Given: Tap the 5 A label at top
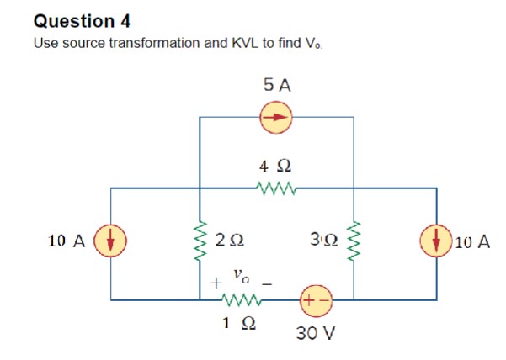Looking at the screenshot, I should pyautogui.click(x=276, y=85).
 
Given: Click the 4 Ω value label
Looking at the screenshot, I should pyautogui.click(x=276, y=167).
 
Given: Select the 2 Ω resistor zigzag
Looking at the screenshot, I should pyautogui.click(x=200, y=241).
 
